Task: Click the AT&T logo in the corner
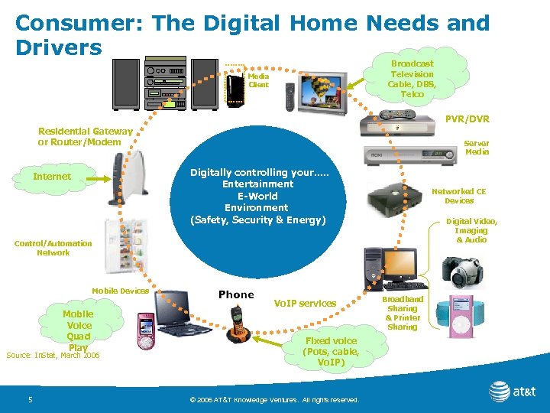(x=512, y=392)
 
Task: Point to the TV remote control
(x=290, y=97)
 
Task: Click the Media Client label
(x=258, y=80)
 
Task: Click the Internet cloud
(x=52, y=177)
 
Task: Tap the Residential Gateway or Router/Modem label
(x=85, y=137)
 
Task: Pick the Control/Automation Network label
(x=53, y=248)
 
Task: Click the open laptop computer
(x=181, y=314)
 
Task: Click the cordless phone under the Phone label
(x=238, y=324)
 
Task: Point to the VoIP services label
(x=305, y=304)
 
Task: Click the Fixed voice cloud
(x=330, y=351)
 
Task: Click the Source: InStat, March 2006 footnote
(x=53, y=356)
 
